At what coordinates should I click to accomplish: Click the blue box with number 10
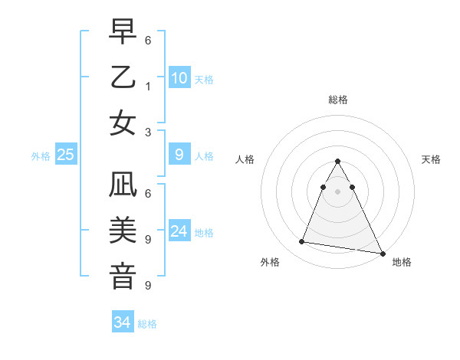coord(179,78)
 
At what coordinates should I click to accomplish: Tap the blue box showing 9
coord(179,155)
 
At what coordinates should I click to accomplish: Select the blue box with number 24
coord(179,231)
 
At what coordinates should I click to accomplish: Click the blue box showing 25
coord(66,155)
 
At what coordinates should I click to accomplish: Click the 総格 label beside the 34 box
coord(147,324)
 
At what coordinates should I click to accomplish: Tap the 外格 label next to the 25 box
coord(41,156)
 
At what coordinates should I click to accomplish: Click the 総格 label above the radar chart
coord(338,100)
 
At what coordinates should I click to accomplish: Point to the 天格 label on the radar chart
coord(432,159)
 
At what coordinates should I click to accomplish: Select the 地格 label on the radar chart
coord(402,263)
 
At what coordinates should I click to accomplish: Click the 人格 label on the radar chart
coord(245,159)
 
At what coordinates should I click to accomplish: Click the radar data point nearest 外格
coord(302,242)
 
